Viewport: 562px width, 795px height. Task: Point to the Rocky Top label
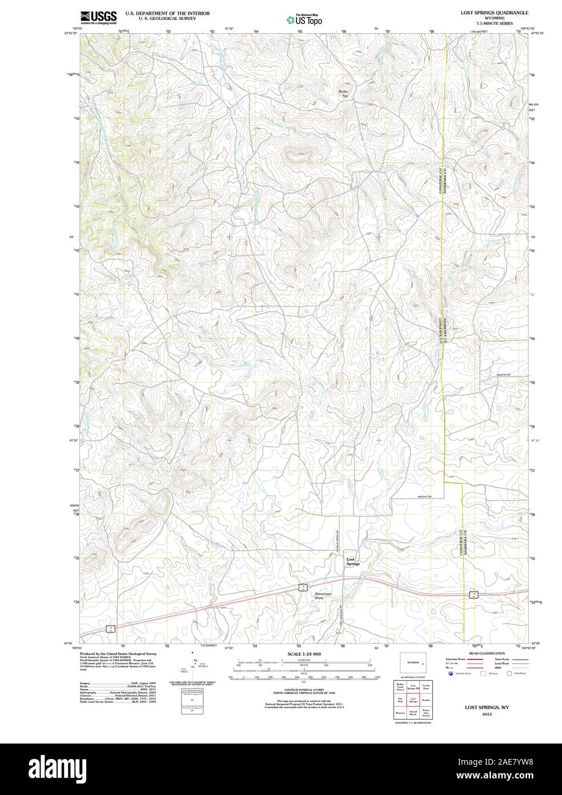(343, 93)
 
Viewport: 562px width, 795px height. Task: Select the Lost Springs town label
(353, 562)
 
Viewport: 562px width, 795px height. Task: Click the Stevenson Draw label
(323, 596)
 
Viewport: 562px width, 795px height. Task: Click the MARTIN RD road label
(503, 375)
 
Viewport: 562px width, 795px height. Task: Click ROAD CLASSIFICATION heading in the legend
(486, 653)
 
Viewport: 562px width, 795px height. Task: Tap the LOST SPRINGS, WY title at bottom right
(486, 707)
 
